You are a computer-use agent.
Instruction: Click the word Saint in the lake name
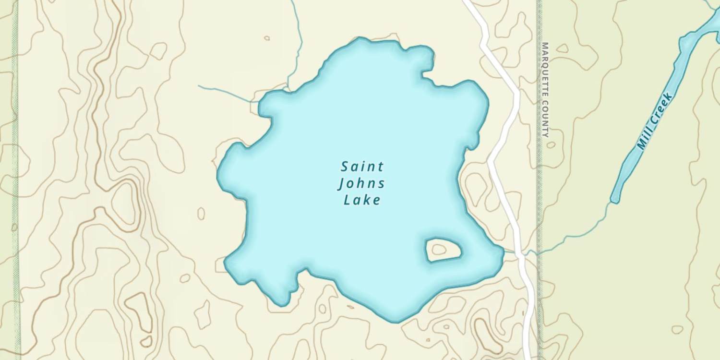(x=362, y=167)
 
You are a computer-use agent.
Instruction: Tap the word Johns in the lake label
(x=361, y=184)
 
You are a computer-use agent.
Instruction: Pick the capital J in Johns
(x=342, y=184)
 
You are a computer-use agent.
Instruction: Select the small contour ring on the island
(x=438, y=249)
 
